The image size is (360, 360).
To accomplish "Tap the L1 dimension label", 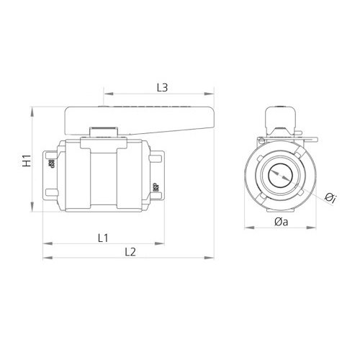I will [x=102, y=237].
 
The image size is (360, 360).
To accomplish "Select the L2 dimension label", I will [x=130, y=251].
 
